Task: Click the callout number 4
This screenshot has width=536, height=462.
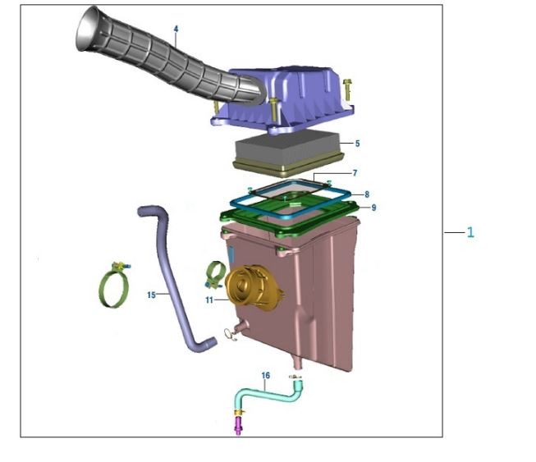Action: click(176, 29)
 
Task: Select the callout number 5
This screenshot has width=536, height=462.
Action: click(357, 144)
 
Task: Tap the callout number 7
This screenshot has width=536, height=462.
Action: click(355, 173)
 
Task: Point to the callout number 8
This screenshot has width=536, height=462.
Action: click(367, 194)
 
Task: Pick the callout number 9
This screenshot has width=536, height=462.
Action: click(373, 208)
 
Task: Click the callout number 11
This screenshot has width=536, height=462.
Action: click(209, 300)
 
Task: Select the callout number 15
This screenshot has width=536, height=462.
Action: click(151, 295)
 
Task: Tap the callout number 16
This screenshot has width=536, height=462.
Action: click(266, 376)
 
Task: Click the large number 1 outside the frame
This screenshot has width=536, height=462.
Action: click(470, 232)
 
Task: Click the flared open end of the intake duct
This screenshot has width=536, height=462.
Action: click(88, 29)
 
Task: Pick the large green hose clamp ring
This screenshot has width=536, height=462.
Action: click(115, 286)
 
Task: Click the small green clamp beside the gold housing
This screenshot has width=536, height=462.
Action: click(215, 275)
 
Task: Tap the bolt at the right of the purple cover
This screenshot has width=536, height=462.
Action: click(348, 89)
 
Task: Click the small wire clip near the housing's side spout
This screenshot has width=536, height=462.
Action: click(229, 334)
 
